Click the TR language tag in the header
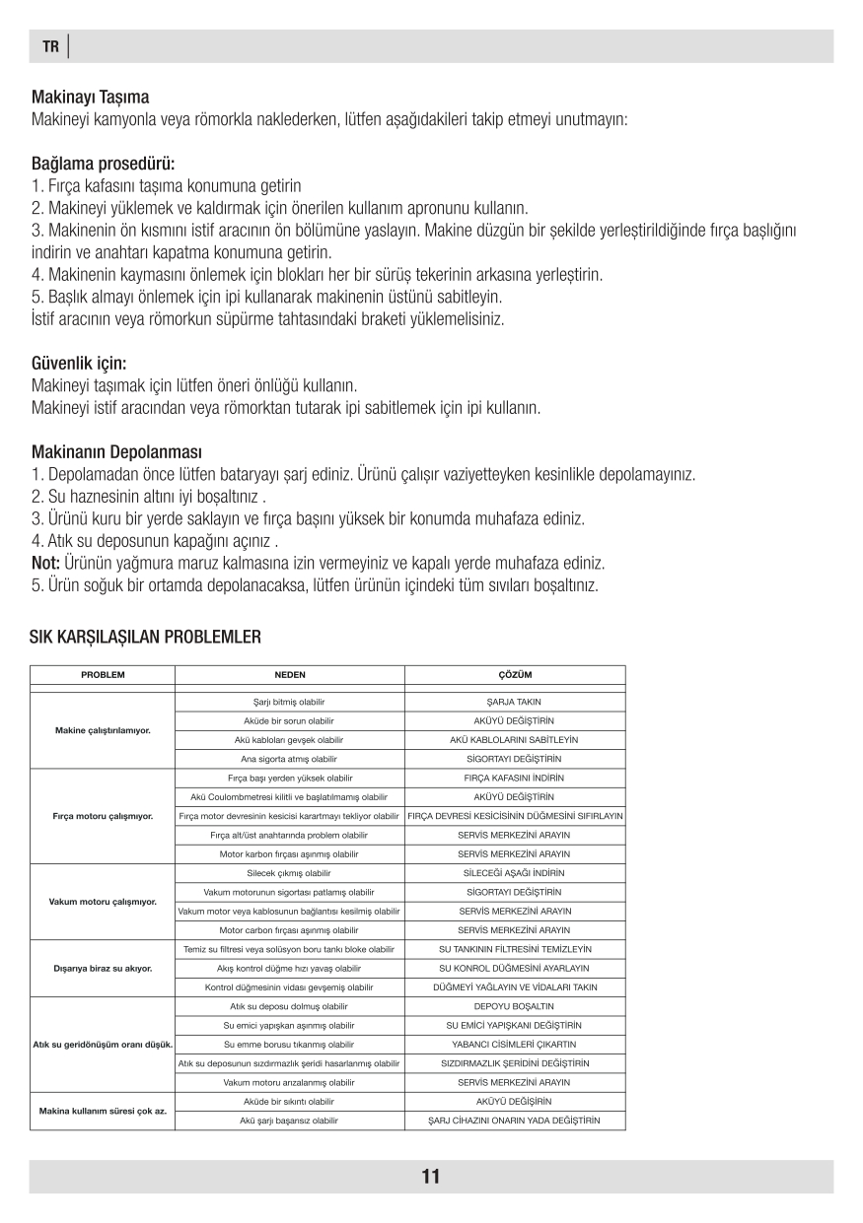click(49, 46)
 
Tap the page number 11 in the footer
click(431, 1176)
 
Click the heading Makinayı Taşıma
click(91, 98)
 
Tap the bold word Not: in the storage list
click(46, 563)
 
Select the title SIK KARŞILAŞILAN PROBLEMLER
click(146, 637)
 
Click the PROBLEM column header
click(102, 675)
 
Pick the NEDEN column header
click(289, 675)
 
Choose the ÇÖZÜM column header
click(515, 675)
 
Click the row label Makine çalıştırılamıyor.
click(102, 730)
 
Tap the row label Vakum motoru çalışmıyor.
click(102, 902)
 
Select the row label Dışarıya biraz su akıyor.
click(102, 968)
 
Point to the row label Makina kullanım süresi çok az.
click(102, 1111)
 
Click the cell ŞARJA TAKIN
click(515, 702)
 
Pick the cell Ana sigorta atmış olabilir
click(289, 759)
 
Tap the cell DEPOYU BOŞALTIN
click(515, 1006)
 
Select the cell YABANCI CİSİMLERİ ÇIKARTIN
click(515, 1044)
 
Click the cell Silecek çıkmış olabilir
click(289, 873)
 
